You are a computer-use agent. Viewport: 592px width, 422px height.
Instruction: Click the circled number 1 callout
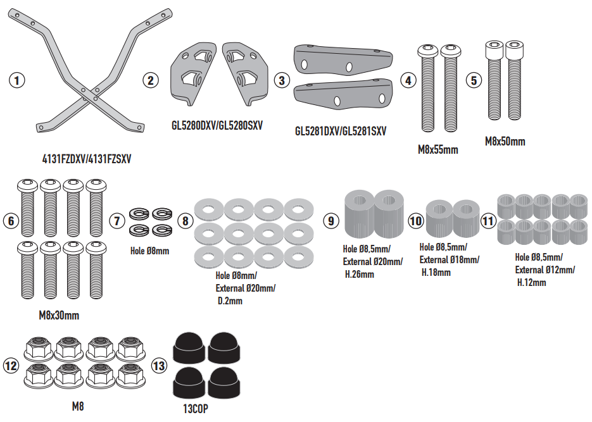16,80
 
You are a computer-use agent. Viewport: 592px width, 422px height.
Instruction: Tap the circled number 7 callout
117,221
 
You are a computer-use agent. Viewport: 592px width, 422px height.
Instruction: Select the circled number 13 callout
159,366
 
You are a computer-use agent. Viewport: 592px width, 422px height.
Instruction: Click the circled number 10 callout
416,221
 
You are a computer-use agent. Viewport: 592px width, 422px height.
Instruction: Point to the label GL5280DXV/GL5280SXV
217,125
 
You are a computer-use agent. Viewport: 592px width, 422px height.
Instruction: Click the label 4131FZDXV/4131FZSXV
87,159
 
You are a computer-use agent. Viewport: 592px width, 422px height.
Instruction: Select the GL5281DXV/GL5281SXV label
341,131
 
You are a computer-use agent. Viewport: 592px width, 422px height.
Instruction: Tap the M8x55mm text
438,149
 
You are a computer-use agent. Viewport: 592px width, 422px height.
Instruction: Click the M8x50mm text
505,142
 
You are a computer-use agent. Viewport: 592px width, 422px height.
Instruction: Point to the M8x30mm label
59,315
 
